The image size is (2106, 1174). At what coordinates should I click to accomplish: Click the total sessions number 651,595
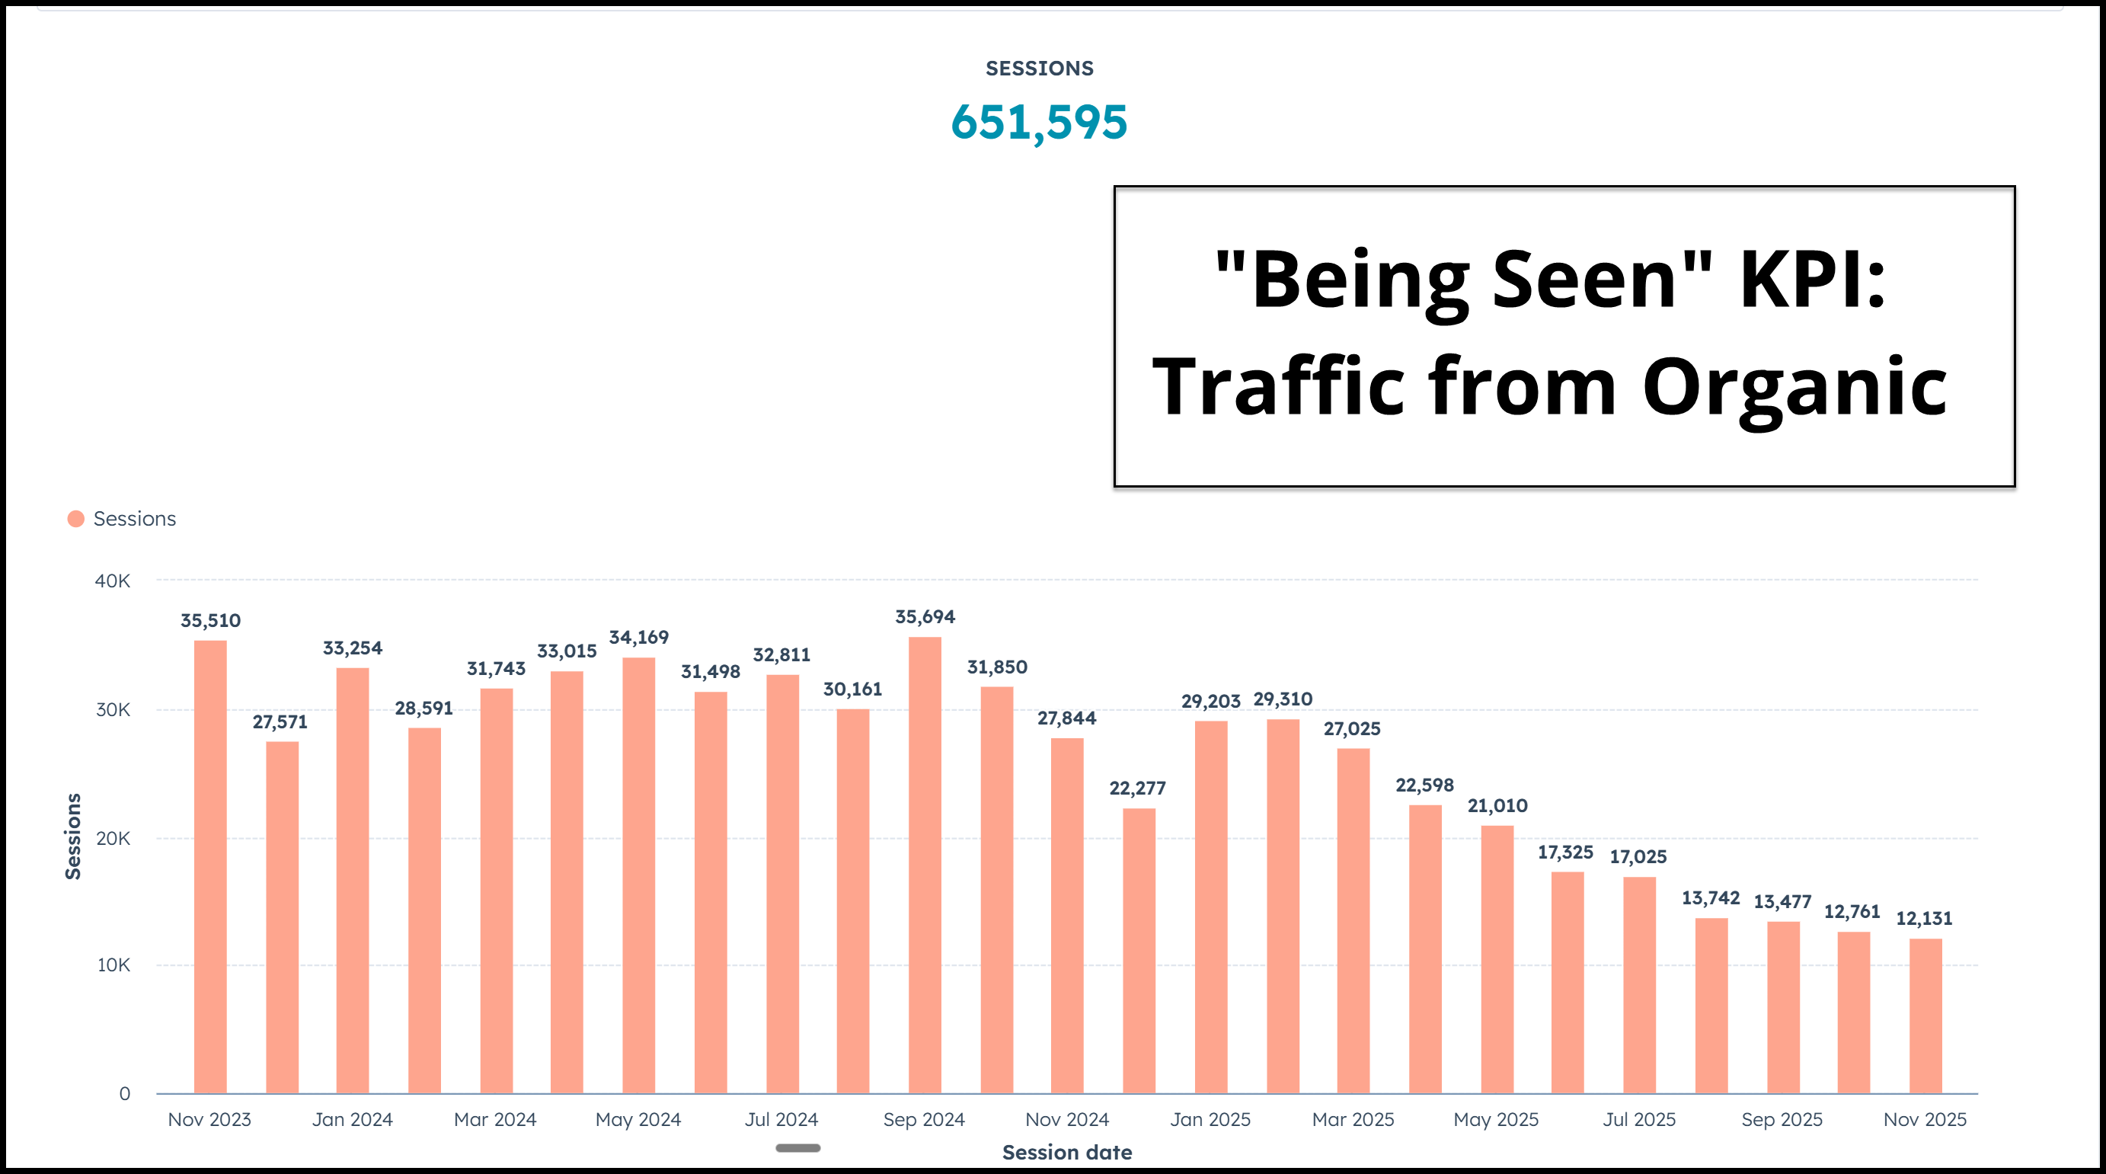[x=1038, y=123]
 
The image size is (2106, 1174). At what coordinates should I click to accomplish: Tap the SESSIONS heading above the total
[x=1039, y=69]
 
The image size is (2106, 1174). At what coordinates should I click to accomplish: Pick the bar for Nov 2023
[x=210, y=867]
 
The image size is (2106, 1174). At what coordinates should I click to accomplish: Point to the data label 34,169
[x=638, y=638]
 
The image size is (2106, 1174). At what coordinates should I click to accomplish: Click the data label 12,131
[x=1924, y=918]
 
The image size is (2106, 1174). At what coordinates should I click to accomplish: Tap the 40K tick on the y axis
[x=113, y=581]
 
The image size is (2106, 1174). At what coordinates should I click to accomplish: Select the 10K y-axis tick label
[x=113, y=965]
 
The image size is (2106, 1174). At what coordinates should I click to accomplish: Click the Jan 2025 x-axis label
[x=1210, y=1119]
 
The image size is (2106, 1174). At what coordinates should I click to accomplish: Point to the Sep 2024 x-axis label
[x=924, y=1119]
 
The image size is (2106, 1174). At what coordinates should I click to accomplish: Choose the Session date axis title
[x=1067, y=1153]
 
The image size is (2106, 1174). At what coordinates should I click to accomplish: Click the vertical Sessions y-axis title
[x=74, y=836]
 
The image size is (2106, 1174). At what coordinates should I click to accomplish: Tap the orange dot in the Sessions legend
[x=76, y=519]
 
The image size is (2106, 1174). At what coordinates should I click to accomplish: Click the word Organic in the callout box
[x=1794, y=387]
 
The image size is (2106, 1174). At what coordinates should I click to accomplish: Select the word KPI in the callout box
[x=1811, y=280]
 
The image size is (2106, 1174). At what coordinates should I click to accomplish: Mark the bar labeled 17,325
[x=1568, y=982]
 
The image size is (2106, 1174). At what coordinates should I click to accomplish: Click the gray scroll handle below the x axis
[x=798, y=1148]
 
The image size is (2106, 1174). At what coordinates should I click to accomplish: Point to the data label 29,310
[x=1283, y=700]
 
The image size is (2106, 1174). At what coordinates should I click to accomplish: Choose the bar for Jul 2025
[x=1639, y=984]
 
